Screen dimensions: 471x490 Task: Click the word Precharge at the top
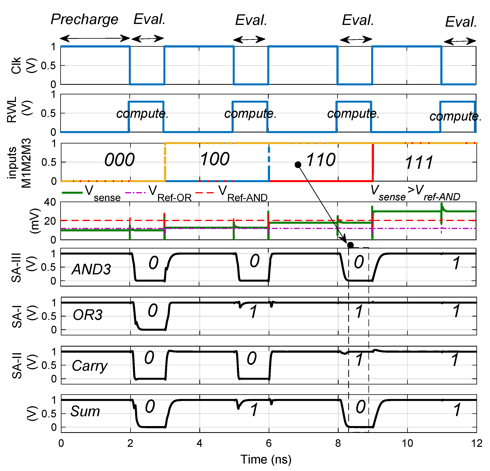click(x=84, y=19)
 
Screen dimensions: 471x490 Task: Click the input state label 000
click(x=119, y=160)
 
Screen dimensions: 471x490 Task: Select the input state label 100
click(x=214, y=159)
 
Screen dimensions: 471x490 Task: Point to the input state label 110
click(x=321, y=160)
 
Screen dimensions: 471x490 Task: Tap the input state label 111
click(x=419, y=163)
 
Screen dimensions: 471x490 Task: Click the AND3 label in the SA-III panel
click(x=91, y=269)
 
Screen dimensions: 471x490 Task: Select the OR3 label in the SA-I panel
click(x=88, y=315)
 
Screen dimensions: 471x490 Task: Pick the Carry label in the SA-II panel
click(x=90, y=366)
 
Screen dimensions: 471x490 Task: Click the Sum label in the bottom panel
click(x=85, y=411)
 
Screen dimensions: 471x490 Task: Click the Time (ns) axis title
click(x=266, y=459)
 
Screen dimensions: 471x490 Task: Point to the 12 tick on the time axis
click(x=476, y=443)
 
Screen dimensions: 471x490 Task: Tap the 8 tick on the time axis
click(x=338, y=443)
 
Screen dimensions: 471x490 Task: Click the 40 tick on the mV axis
click(x=50, y=202)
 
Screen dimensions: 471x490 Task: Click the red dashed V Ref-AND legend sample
click(x=204, y=193)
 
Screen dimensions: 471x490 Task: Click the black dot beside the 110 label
click(x=298, y=165)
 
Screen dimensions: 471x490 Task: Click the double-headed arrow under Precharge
click(x=95, y=38)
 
